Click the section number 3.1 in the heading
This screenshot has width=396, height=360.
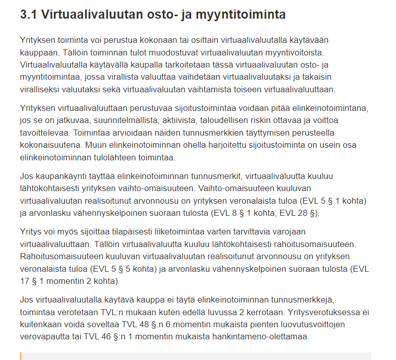click(x=29, y=15)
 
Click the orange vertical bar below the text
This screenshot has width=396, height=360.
click(x=21, y=356)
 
